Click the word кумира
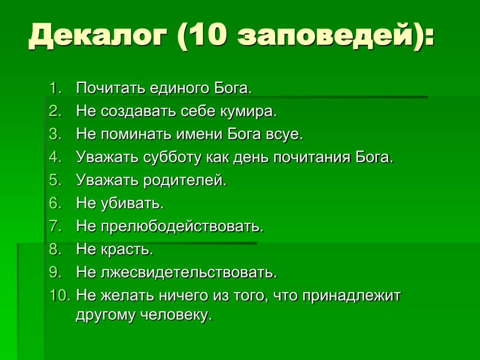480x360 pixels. [248, 112]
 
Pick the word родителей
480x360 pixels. [185, 180]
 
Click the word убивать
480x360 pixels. [132, 203]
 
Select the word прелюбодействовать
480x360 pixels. [182, 226]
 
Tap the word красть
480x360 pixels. [127, 249]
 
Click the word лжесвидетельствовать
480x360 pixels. [189, 272]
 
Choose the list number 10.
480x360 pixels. [60, 295]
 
